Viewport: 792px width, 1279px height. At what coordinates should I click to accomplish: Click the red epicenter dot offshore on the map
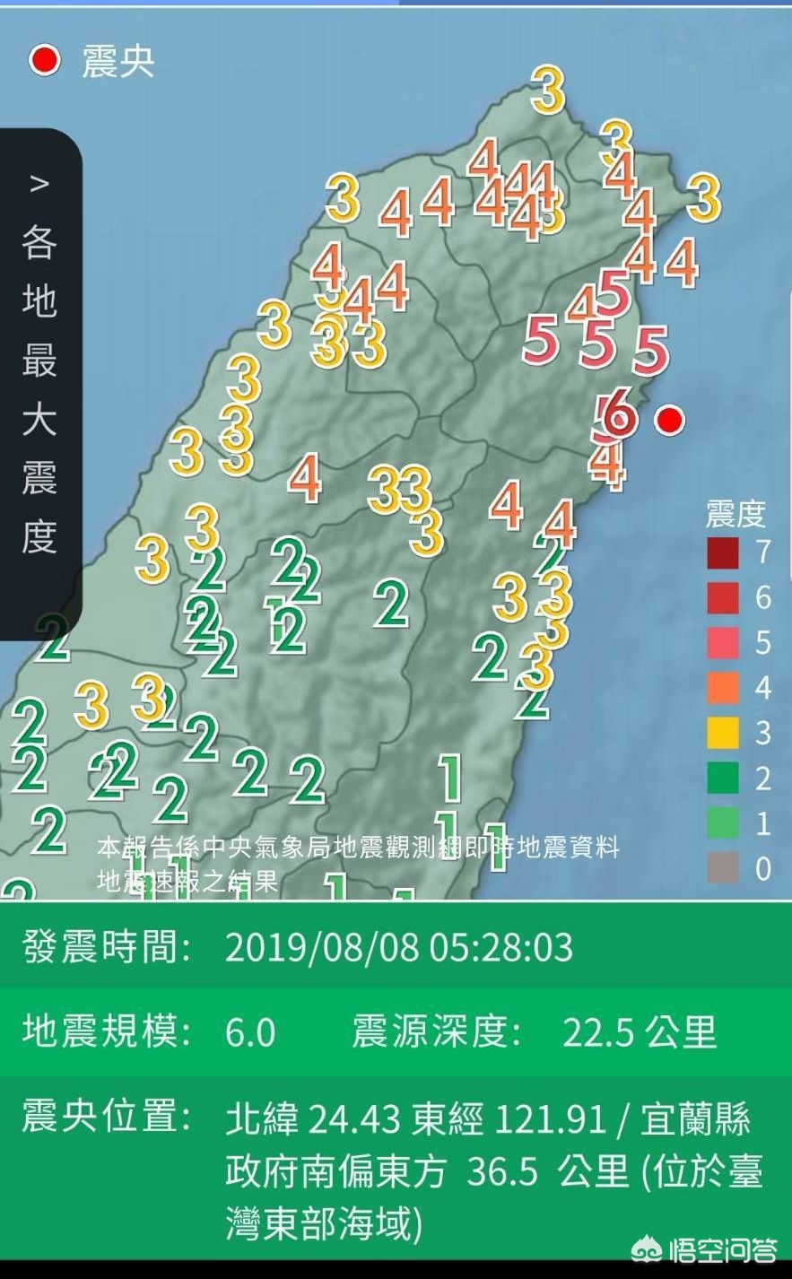pyautogui.click(x=669, y=419)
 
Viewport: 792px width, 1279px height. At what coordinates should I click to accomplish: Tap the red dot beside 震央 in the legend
pyautogui.click(x=44, y=61)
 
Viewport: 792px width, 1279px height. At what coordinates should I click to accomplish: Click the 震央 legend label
pyautogui.click(x=118, y=62)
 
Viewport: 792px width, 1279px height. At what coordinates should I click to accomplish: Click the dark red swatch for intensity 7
pyautogui.click(x=723, y=552)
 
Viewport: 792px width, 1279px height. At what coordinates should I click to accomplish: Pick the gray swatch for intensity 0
pyautogui.click(x=723, y=867)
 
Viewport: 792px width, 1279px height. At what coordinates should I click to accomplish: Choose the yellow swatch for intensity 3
pyautogui.click(x=723, y=733)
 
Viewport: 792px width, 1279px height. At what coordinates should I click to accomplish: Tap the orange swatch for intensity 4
pyautogui.click(x=723, y=688)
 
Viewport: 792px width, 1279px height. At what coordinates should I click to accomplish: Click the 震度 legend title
pyautogui.click(x=735, y=515)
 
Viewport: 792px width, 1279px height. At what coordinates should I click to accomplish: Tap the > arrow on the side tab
pyautogui.click(x=39, y=184)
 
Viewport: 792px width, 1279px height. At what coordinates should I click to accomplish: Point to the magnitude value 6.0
pyautogui.click(x=250, y=1032)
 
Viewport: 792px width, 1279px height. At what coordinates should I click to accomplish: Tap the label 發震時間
pyautogui.click(x=107, y=948)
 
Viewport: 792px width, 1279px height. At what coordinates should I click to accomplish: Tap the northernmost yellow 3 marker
pyautogui.click(x=548, y=89)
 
